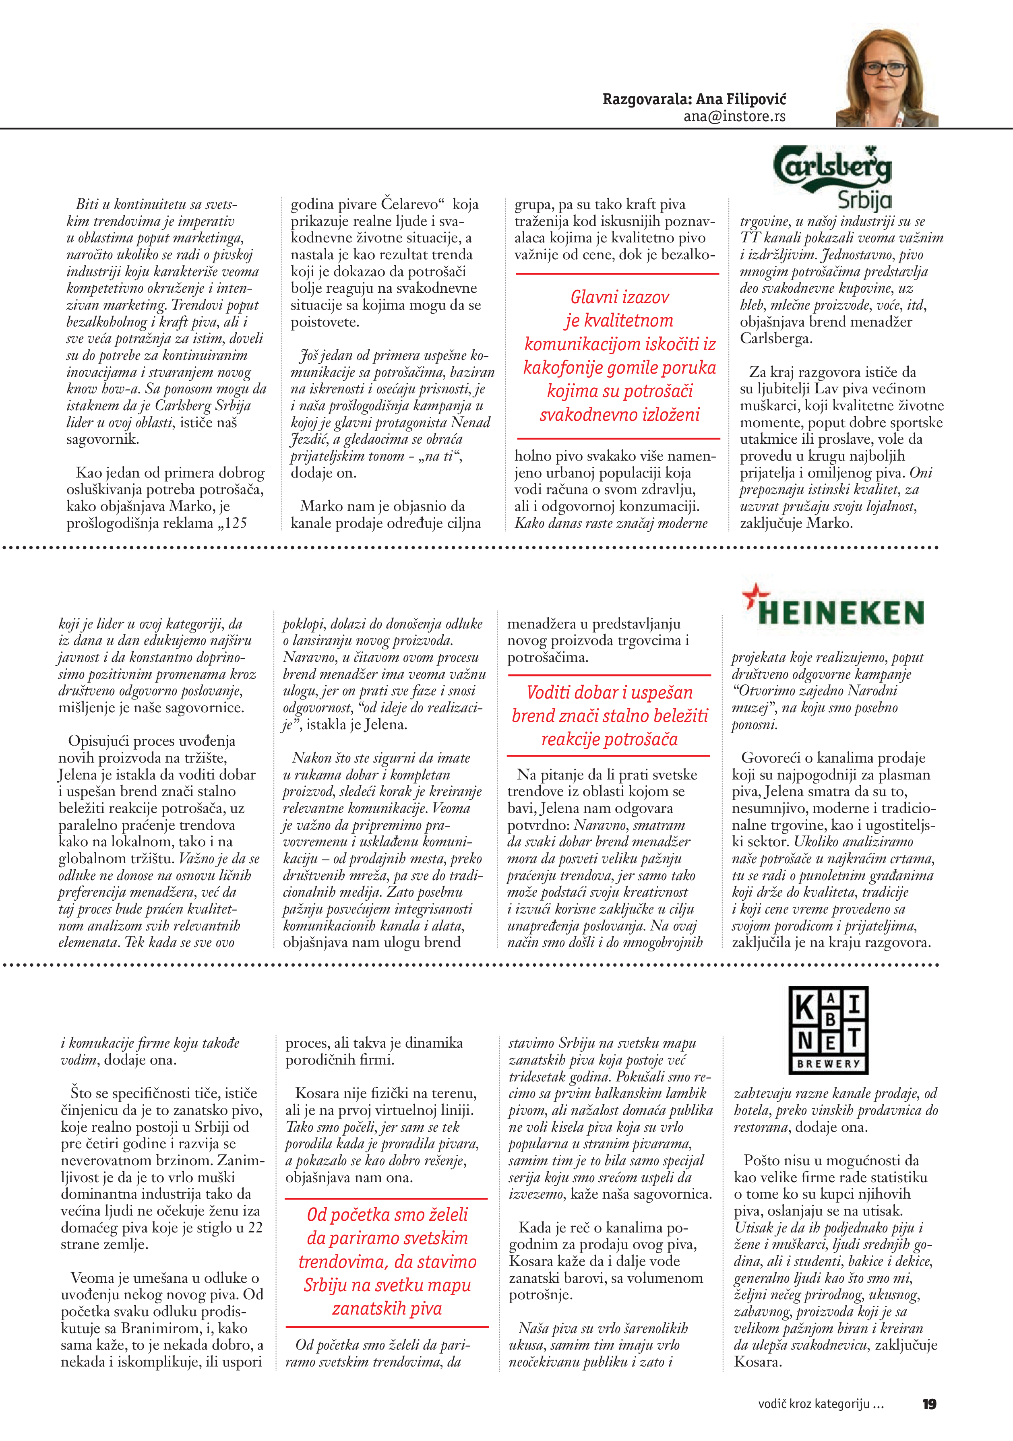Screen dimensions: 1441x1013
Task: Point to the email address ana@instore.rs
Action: coord(734,117)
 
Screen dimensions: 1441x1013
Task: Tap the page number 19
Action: coord(930,1404)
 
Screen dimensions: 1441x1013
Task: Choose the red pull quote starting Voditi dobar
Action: coord(610,715)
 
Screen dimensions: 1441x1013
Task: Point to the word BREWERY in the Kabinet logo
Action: coord(829,1064)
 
